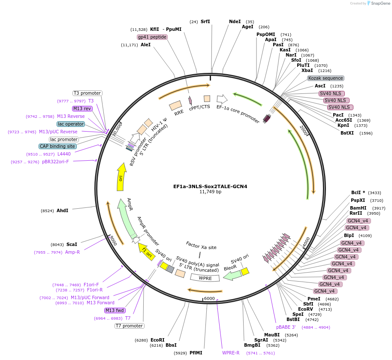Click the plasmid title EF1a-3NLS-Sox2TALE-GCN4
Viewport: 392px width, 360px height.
click(x=210, y=186)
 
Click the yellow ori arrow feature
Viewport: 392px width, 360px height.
click(x=121, y=177)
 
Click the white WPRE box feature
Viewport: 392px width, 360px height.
click(x=205, y=278)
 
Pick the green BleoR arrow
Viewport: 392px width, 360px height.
click(x=232, y=274)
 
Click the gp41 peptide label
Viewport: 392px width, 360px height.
click(x=152, y=37)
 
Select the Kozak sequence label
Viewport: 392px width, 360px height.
click(x=326, y=78)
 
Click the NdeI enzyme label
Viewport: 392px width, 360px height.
click(x=235, y=21)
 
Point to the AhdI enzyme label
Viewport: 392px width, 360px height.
click(x=62, y=210)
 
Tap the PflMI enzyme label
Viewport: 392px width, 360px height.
click(x=196, y=353)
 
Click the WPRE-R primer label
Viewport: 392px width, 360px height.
click(x=231, y=353)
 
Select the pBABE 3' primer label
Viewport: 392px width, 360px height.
click(x=286, y=327)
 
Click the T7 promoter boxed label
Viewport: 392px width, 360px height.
click(x=129, y=326)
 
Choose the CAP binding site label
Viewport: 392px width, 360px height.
click(x=58, y=146)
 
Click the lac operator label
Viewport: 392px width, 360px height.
click(x=71, y=124)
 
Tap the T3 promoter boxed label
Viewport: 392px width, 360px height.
click(x=87, y=93)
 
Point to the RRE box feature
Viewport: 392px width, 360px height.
click(x=176, y=106)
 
